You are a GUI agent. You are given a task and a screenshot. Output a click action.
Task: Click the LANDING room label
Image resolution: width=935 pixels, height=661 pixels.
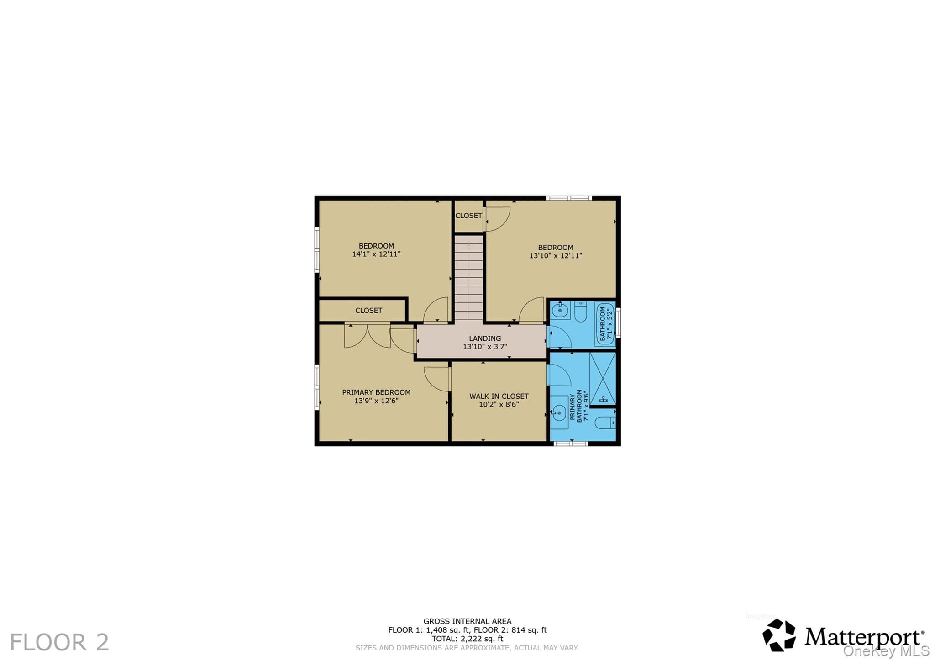pos(485,338)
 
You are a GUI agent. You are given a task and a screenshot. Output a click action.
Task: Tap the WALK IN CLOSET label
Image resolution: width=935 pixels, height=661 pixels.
pos(499,396)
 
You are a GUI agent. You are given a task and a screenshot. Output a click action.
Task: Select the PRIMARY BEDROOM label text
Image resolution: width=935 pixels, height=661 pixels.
pos(376,392)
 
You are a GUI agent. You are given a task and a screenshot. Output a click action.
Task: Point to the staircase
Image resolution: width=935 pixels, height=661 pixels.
pos(469,278)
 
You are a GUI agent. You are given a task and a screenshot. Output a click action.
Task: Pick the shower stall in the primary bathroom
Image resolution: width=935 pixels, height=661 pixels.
pos(603,379)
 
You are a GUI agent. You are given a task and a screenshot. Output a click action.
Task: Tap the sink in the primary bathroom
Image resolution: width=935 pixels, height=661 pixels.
pos(559,413)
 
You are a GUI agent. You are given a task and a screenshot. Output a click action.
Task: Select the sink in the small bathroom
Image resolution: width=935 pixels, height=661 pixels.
pos(560,310)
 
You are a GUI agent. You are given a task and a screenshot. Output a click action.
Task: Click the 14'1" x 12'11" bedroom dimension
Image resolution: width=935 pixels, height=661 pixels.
pos(376,254)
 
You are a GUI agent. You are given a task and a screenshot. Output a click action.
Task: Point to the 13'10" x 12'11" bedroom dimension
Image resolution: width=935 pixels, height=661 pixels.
pos(556,256)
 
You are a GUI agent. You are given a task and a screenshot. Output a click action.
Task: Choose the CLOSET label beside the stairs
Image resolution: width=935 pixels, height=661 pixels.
pos(469,216)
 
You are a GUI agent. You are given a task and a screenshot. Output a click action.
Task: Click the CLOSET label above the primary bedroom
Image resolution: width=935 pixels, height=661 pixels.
pos(369,311)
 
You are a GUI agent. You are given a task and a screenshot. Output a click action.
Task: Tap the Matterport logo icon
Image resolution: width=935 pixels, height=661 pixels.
pos(779,635)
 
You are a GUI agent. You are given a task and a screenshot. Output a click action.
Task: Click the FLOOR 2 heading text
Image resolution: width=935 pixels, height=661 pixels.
pos(59,642)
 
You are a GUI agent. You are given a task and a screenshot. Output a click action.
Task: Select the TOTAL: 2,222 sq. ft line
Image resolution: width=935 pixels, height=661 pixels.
pos(467,639)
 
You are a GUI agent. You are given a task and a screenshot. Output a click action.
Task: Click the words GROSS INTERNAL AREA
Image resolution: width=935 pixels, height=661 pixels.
pos(467,621)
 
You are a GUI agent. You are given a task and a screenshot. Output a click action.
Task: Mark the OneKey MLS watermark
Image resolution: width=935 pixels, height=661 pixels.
pos(886,651)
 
